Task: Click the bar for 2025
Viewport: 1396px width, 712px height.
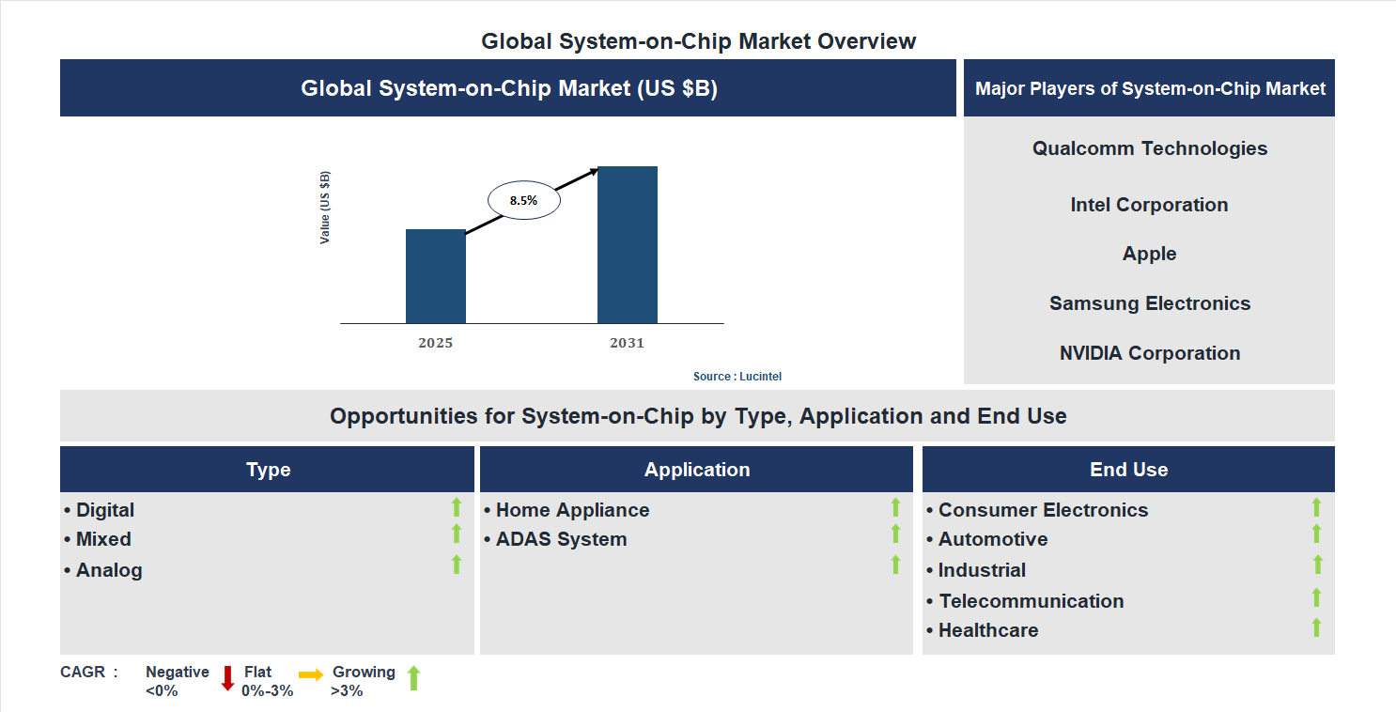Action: (x=435, y=276)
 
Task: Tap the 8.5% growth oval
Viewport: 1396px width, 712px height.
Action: (x=523, y=200)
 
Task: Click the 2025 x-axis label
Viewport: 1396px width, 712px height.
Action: (x=435, y=343)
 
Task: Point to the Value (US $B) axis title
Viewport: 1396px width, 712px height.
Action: (x=325, y=208)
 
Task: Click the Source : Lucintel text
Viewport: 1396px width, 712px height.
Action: (x=737, y=376)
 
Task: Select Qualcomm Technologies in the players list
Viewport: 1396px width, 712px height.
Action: (x=1149, y=148)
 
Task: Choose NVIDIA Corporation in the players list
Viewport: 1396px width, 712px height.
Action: (x=1149, y=353)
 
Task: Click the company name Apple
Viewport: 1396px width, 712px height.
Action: (x=1149, y=254)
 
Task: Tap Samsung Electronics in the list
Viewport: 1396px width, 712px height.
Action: (x=1149, y=303)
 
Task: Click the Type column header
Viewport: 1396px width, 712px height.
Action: (x=268, y=470)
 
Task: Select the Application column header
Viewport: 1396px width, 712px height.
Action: (x=696, y=470)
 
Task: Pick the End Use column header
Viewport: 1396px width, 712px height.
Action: (x=1128, y=470)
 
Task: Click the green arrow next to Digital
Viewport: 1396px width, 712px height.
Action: (x=457, y=507)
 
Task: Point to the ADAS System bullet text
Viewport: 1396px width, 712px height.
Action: (x=561, y=539)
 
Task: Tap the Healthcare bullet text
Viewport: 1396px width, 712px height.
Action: (x=987, y=630)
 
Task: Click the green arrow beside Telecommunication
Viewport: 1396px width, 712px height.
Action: (x=1316, y=597)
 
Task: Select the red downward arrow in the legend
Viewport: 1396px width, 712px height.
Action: (x=227, y=678)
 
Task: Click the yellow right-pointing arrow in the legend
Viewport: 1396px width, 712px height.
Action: (x=311, y=674)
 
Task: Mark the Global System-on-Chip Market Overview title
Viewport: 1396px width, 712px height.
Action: (x=698, y=41)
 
